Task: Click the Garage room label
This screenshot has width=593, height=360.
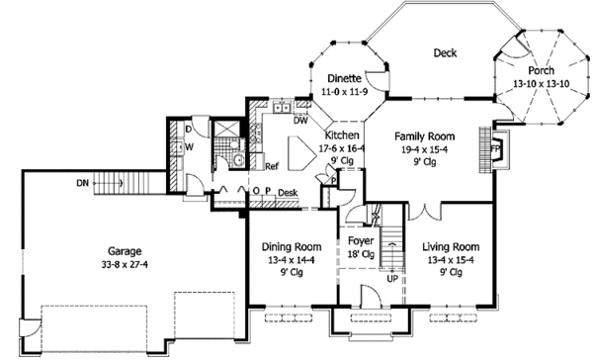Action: point(125,251)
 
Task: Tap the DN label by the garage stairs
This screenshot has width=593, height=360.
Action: point(82,183)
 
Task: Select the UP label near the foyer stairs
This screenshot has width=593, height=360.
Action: point(392,279)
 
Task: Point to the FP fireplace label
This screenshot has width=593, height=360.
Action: point(495,148)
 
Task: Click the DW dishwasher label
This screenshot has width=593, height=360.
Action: point(300,121)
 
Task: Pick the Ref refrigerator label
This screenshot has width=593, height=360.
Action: point(272,166)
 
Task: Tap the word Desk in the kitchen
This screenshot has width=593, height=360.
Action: point(288,193)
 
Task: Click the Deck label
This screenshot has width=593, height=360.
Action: point(445,53)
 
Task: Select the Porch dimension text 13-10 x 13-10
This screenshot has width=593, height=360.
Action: point(542,84)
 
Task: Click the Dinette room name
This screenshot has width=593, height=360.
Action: point(345,78)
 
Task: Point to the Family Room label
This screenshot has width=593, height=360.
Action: point(425,136)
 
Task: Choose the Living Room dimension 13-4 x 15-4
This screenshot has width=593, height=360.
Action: point(451,260)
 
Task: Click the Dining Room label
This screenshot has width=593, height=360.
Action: point(292,247)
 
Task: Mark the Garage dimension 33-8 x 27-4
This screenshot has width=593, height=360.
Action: point(125,264)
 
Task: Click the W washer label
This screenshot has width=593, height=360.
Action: point(190,147)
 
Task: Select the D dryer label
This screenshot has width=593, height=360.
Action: point(189,130)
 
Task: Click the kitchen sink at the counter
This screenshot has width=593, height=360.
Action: point(282,108)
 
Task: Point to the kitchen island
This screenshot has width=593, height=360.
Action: point(301,153)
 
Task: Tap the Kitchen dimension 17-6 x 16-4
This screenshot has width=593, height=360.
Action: point(342,148)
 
